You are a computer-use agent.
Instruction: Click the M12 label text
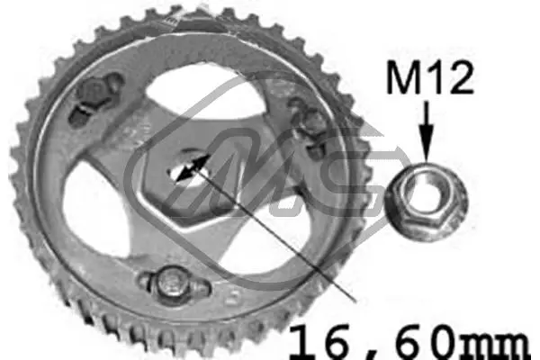[x=430, y=77]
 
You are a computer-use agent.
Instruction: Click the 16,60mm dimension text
[x=409, y=342]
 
